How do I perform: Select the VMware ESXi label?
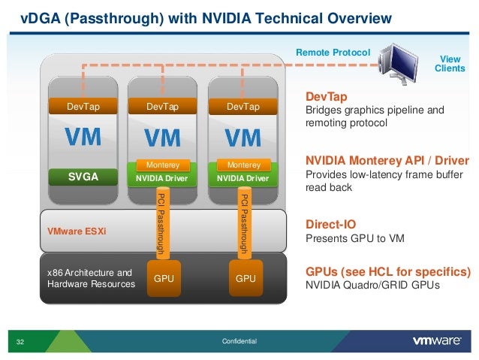pyautogui.click(x=77, y=230)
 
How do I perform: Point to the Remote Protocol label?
pyautogui.click(x=333, y=52)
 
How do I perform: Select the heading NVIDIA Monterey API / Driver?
pyautogui.click(x=387, y=161)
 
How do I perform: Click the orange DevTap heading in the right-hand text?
pyautogui.click(x=326, y=96)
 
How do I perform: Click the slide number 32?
pyautogui.click(x=20, y=343)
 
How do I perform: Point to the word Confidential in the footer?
pyautogui.click(x=239, y=342)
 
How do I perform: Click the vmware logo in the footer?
pyautogui.click(x=437, y=341)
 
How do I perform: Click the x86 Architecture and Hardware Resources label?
pyautogui.click(x=90, y=278)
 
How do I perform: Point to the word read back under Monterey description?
pyautogui.click(x=328, y=188)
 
